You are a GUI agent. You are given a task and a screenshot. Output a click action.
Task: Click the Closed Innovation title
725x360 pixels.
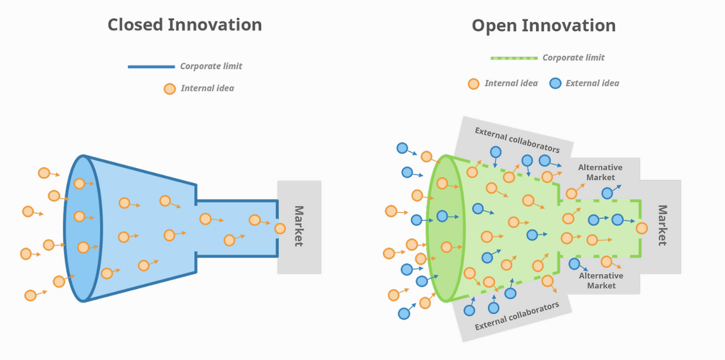tap(185, 25)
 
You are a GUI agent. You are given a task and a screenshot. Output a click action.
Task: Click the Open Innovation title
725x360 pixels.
tap(543, 25)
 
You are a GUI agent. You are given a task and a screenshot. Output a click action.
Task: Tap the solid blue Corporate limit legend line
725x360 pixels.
tap(151, 67)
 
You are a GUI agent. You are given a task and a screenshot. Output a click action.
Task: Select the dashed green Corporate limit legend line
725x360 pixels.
tap(514, 58)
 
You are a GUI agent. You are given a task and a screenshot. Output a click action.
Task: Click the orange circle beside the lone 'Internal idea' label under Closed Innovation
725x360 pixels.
tap(169, 88)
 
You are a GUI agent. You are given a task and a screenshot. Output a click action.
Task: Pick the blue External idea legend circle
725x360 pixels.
tap(555, 83)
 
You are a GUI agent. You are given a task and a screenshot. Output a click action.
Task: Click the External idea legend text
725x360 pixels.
tap(592, 83)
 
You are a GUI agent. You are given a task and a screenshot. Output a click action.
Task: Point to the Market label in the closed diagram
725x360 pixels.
tap(298, 226)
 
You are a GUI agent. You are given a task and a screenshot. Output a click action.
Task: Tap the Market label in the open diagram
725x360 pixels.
tap(662, 225)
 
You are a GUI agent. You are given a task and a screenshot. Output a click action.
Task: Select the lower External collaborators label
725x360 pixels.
tap(517, 316)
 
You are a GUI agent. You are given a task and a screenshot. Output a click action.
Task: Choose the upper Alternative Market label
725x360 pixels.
tap(600, 172)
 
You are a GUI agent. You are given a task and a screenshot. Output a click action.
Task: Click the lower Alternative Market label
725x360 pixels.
tap(601, 281)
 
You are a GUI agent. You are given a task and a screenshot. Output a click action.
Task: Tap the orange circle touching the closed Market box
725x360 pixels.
tap(280, 229)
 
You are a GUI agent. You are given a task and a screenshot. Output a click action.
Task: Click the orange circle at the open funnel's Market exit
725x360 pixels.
tap(642, 228)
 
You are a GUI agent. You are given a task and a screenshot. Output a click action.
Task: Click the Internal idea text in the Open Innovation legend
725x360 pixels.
tap(511, 83)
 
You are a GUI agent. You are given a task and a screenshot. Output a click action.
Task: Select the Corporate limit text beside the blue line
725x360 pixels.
tap(211, 66)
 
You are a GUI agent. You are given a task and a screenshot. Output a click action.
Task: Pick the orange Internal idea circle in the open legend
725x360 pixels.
tap(474, 84)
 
